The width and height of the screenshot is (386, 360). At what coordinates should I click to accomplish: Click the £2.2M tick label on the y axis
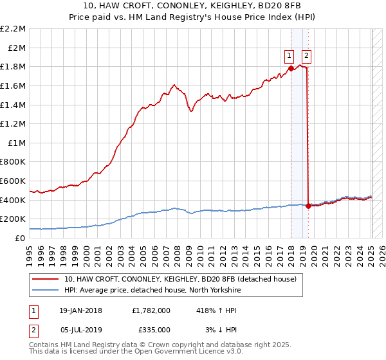pos(13,29)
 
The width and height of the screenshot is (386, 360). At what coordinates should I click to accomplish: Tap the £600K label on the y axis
pos(13,181)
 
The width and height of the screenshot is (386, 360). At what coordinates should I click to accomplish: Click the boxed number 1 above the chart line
pos(290,55)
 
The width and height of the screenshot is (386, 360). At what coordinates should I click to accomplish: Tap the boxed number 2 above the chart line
pos(306,55)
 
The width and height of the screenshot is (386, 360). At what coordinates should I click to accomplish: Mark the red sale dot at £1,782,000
pos(291,67)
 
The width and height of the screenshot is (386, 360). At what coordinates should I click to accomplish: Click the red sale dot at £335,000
pos(308,206)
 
